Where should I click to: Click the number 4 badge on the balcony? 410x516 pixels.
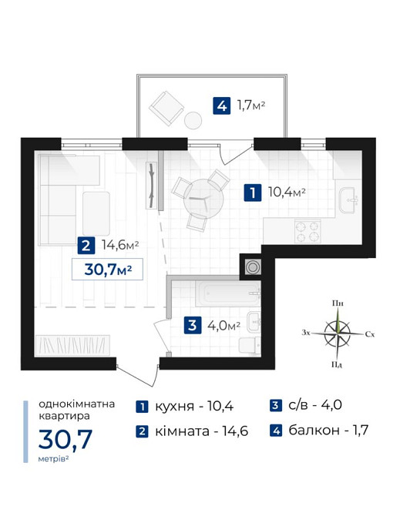tap(222, 106)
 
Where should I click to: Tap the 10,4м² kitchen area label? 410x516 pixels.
tap(287, 192)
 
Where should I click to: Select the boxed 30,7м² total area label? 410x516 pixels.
tap(107, 270)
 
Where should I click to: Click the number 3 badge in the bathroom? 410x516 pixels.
tap(193, 325)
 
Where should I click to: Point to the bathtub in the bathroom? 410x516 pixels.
tap(228, 293)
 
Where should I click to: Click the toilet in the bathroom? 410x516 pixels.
tap(249, 346)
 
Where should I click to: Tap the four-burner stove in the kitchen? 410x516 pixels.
tap(307, 231)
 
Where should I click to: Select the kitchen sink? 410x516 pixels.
tap(349, 199)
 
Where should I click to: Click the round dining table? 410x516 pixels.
tap(203, 200)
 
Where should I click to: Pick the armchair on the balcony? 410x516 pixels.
tap(166, 108)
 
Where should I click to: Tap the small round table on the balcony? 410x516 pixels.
tap(193, 120)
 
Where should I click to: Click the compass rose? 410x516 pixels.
tap(338, 333)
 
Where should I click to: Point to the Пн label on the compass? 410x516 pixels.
tap(338, 303)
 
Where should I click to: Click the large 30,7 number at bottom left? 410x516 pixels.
tap(66, 439)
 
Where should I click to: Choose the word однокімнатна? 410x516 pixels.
tap(77, 404)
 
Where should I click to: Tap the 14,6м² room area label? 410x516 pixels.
tap(120, 245)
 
